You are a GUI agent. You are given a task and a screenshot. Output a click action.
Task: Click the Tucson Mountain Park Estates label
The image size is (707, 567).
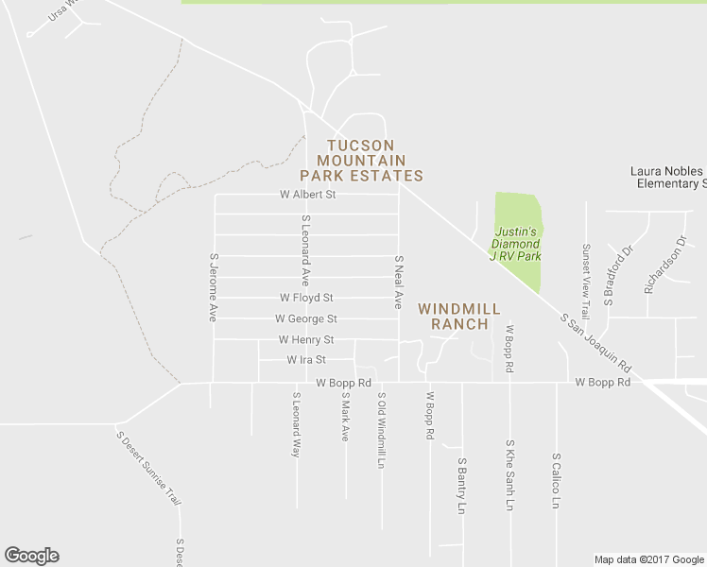(361, 161)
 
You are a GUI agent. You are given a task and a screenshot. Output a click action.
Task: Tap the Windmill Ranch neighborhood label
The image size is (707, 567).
(453, 317)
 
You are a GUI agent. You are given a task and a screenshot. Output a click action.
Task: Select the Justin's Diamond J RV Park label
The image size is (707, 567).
(515, 244)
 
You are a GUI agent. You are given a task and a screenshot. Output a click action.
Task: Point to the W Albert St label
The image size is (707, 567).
(308, 195)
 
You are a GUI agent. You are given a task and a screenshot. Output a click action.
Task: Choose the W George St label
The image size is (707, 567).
(306, 319)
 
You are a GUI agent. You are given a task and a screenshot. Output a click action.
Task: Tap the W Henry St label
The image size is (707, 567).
(306, 340)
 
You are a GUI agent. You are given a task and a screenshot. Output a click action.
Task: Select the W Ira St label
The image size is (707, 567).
(306, 360)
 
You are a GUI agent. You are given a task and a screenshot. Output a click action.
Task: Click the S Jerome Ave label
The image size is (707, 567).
(215, 287)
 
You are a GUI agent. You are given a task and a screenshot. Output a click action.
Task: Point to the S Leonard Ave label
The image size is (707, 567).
(306, 250)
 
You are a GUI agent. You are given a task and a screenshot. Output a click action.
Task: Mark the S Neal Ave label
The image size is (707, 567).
(399, 282)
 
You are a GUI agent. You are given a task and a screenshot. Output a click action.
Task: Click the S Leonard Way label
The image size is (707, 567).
(296, 425)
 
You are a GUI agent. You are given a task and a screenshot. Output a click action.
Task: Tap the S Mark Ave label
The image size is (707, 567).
(345, 418)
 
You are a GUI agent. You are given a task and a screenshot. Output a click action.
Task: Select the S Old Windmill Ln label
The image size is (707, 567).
(382, 431)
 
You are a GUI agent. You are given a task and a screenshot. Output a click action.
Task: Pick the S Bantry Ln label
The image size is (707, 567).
(461, 486)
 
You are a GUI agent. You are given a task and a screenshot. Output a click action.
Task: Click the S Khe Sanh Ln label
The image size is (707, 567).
(509, 475)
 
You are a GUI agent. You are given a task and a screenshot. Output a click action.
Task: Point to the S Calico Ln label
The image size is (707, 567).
(556, 480)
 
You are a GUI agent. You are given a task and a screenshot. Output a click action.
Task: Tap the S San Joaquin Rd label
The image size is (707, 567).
(595, 342)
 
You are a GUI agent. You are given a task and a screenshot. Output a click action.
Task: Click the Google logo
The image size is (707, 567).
(31, 556)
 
